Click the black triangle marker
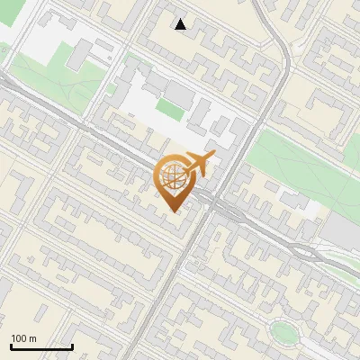pos(181,24)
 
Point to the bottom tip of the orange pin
pos(174,211)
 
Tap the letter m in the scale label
pos(33,338)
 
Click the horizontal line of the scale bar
pos(40,347)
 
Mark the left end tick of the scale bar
pos(10,346)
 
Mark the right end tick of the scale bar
pos(72,346)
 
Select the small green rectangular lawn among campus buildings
pos(168,109)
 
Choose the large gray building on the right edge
pos(342,229)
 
